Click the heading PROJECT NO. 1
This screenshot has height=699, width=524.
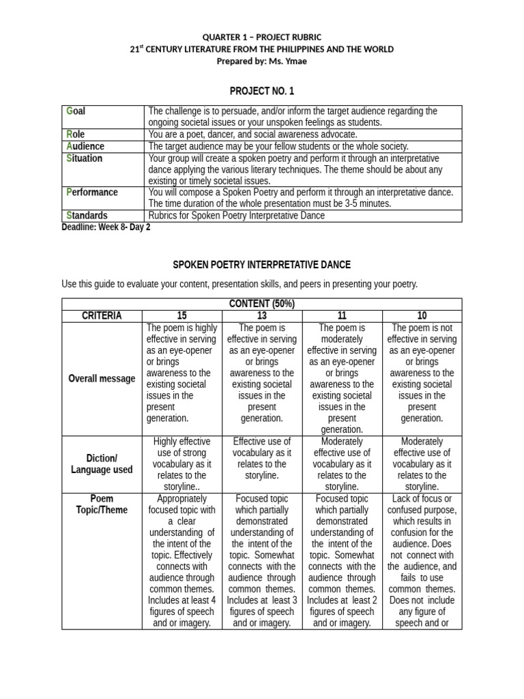[261, 91]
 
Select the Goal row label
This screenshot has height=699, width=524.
[76, 111]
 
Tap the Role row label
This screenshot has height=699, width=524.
[76, 134]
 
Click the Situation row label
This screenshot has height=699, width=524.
[85, 158]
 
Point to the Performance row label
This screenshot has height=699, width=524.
[92, 192]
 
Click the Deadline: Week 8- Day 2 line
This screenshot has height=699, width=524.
[106, 227]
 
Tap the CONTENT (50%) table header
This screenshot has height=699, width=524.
[261, 304]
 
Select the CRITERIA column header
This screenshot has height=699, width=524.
[102, 315]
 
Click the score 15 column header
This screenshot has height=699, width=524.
[181, 315]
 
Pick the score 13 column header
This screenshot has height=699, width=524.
[261, 315]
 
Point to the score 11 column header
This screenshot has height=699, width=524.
[342, 315]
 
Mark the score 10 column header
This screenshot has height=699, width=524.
[422, 315]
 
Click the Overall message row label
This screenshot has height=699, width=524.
[102, 379]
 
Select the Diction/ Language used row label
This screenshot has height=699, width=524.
[102, 463]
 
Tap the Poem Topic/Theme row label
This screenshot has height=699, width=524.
[102, 504]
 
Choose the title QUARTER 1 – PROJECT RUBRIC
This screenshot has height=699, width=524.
[261, 37]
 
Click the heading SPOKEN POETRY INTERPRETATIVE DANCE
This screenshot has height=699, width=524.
[261, 264]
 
